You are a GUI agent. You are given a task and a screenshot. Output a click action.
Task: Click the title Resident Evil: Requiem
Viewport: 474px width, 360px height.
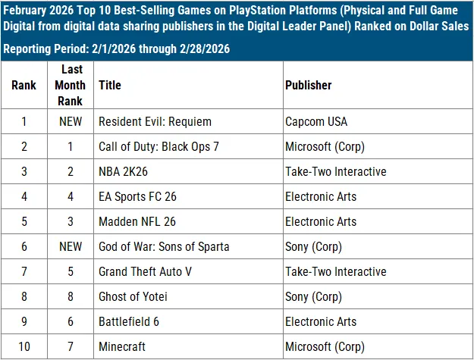155,121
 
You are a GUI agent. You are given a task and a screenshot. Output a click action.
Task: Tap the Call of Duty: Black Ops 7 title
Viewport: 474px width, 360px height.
159,146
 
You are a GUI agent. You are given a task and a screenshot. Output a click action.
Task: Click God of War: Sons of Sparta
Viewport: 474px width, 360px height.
164,246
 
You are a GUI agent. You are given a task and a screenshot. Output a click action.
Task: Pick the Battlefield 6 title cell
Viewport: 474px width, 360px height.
129,321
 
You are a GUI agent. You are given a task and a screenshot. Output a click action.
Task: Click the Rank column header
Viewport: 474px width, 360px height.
24,86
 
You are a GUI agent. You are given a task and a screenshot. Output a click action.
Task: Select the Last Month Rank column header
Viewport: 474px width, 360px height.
70,86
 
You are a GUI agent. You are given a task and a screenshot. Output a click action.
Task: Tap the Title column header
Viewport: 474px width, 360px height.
108,86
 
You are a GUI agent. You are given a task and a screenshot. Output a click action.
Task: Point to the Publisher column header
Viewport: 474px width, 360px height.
308,86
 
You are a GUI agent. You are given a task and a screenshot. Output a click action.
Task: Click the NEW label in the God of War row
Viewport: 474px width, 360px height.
70,246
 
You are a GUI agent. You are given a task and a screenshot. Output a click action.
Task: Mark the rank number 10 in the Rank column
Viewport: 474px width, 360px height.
24,346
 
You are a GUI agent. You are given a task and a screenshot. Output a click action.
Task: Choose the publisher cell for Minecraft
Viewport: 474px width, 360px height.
325,346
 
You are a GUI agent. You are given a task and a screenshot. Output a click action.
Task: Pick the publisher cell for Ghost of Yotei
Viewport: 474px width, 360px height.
314,296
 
